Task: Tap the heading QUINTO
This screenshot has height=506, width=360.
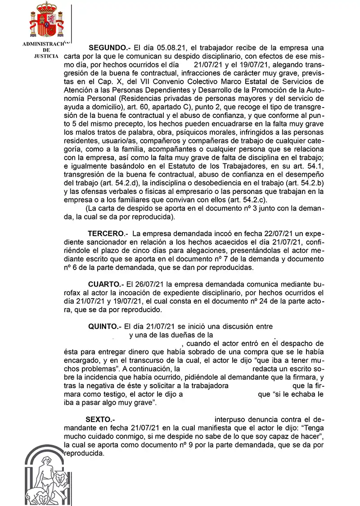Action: [x=105, y=327]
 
